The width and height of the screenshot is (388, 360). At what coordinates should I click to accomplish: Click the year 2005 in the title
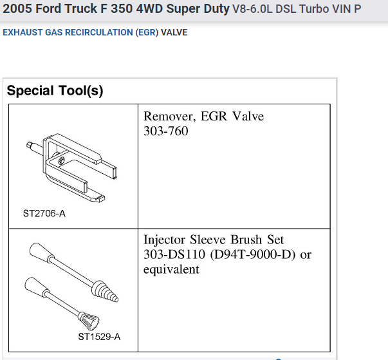pos(17,8)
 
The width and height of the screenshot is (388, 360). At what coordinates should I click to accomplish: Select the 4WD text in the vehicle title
pos(149,8)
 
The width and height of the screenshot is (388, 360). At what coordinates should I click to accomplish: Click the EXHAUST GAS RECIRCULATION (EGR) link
pos(80,32)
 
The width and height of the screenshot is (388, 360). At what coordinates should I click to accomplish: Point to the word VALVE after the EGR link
pos(174,32)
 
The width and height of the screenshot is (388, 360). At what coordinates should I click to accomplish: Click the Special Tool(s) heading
pos(55,91)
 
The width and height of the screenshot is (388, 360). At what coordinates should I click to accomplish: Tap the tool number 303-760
pos(166,131)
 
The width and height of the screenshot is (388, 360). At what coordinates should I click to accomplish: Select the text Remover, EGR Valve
pos(203,116)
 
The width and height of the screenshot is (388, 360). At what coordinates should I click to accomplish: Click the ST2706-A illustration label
pos(44,213)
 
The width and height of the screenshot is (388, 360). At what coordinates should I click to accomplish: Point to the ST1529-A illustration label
pos(99,337)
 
